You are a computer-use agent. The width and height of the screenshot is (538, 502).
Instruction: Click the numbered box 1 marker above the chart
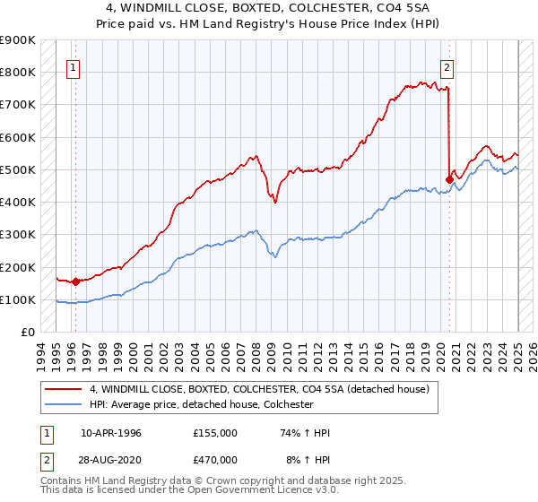coord(73,65)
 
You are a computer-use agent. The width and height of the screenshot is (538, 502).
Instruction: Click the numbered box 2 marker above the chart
coord(447,65)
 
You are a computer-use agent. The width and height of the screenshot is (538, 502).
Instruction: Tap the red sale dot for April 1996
coord(75,281)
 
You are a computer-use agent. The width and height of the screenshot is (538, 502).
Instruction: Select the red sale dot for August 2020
coord(449,178)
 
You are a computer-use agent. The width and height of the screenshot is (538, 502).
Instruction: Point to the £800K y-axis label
coord(18,72)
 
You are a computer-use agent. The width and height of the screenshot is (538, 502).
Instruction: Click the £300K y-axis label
coord(18,235)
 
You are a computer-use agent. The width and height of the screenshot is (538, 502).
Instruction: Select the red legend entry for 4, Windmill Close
coord(260,389)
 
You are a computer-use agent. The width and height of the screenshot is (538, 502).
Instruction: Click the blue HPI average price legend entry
coord(200,404)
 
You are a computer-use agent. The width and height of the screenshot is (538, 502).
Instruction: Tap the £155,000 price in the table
coord(214,433)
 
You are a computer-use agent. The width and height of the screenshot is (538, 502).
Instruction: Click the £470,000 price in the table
coord(214,458)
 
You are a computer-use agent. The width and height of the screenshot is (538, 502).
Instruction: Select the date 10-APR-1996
coord(111,433)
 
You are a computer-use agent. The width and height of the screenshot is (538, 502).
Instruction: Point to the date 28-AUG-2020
coord(111,458)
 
